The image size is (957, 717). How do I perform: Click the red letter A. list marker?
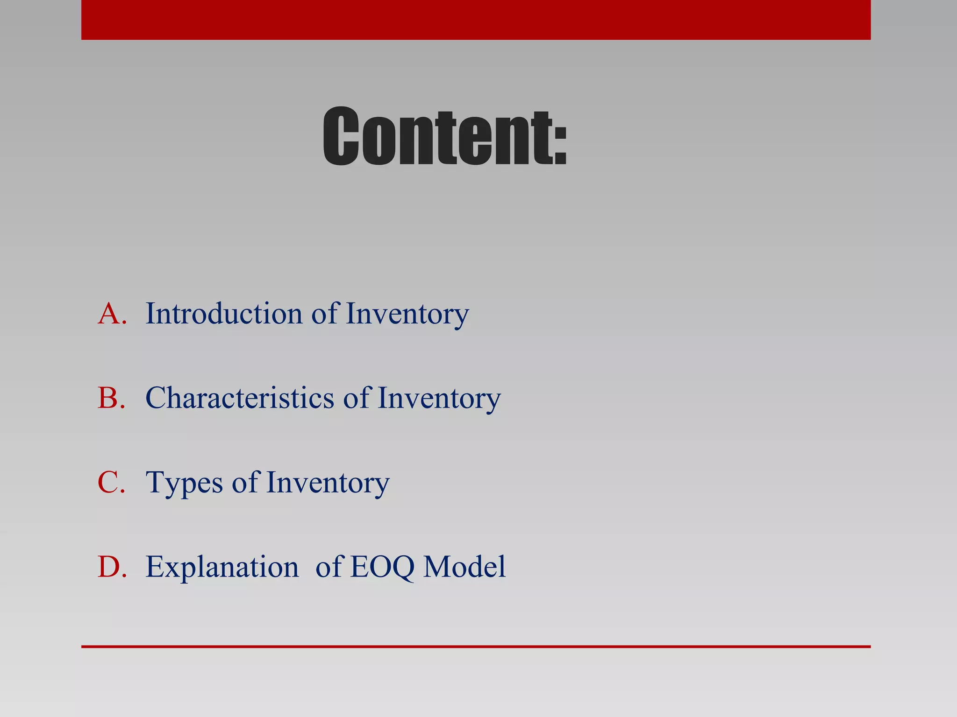click(112, 313)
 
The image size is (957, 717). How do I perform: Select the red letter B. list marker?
click(112, 398)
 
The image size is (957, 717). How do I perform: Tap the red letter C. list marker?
click(112, 482)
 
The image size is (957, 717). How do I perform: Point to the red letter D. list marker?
click(112, 567)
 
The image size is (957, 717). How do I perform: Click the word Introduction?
click(224, 313)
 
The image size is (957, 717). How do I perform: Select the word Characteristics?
click(240, 398)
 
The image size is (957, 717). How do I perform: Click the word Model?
click(464, 567)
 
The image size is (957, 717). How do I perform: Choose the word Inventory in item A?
click(407, 314)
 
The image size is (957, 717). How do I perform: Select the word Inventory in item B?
click(439, 399)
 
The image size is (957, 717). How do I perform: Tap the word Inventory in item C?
click(328, 483)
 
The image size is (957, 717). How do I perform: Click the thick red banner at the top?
click(476, 20)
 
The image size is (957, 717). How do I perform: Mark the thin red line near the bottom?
click(476, 647)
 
